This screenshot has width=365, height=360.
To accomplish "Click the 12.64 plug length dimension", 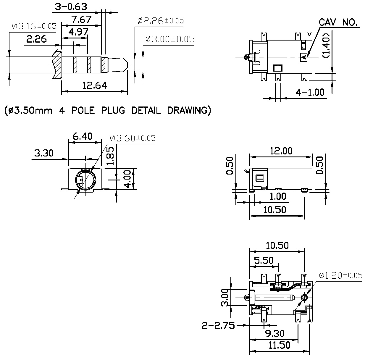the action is (x=95, y=85).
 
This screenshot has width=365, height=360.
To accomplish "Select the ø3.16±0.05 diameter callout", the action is (x=34, y=26).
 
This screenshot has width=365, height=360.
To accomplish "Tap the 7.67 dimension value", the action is (x=81, y=19).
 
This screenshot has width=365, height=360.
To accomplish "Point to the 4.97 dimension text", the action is (x=78, y=32).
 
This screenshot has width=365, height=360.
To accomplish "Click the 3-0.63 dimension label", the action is (x=71, y=7).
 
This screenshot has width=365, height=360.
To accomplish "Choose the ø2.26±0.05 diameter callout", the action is (x=161, y=21).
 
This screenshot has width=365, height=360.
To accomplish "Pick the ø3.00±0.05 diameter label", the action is (x=170, y=39).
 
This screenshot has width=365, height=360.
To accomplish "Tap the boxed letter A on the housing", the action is (x=304, y=57).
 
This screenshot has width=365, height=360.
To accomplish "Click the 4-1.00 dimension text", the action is (x=310, y=92).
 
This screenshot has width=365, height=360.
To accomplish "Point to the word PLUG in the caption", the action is (x=113, y=110).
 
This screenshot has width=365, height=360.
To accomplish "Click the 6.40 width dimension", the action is (x=83, y=136).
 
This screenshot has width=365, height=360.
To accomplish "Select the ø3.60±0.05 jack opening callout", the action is (x=133, y=138).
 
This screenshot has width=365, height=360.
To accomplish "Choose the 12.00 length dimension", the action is (x=281, y=151).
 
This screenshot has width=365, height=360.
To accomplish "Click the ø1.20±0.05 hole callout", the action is (x=340, y=275).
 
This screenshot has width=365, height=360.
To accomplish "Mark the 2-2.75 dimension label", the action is (x=218, y=326).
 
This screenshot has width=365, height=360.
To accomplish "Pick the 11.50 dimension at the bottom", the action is (x=280, y=345).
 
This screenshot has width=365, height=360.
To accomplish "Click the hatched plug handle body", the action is (x=57, y=65).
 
